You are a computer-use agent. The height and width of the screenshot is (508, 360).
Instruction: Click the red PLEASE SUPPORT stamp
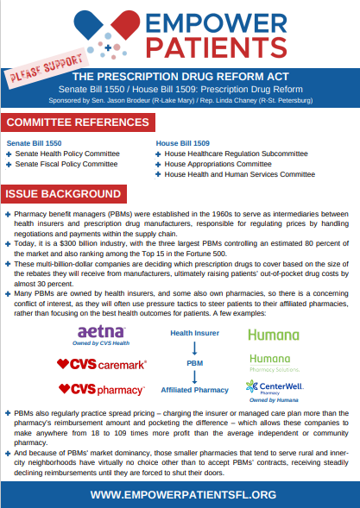coord(47,68)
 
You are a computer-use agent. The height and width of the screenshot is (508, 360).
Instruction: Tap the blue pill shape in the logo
coord(88,24)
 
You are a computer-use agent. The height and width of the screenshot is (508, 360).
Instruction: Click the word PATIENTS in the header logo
coord(217,47)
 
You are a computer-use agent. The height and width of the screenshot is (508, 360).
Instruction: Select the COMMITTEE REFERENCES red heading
coord(78,122)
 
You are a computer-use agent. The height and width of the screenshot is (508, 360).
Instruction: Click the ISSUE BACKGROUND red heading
coord(64,194)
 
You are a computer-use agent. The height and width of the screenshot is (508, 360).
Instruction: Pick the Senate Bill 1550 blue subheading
coord(34,143)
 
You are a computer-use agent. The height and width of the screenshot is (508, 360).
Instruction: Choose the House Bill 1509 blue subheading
coord(183,143)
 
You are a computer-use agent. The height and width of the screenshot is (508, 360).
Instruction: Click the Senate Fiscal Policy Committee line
coord(66,164)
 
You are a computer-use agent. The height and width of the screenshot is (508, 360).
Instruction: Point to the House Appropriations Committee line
coord(218,164)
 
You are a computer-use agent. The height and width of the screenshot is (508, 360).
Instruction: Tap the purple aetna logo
coord(101,331)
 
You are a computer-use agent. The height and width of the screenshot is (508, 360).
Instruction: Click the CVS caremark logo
coord(102,365)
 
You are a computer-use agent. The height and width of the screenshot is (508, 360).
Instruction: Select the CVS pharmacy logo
coord(102,390)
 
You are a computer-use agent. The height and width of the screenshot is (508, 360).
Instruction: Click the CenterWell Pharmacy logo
coord(275,387)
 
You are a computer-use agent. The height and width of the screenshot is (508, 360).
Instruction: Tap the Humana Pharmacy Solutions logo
coord(275,363)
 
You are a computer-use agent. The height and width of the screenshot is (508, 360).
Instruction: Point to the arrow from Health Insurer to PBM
coord(194,348)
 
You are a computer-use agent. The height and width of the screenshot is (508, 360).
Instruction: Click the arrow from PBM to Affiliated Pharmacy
coord(194,377)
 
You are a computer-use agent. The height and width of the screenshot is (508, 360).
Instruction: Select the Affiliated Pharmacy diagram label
coord(194,390)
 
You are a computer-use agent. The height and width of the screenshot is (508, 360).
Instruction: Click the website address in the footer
coord(183,495)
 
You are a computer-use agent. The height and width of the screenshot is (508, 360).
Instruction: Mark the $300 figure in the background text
coord(68,243)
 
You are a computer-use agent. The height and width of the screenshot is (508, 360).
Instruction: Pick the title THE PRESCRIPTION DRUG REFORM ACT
coord(180,77)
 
